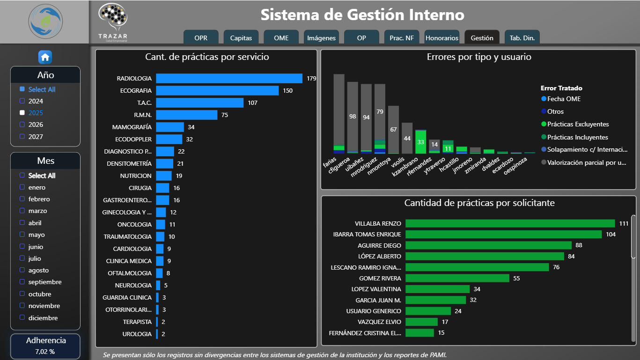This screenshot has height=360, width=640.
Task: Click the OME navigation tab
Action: click(281, 38)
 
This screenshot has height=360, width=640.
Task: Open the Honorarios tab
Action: click(442, 38)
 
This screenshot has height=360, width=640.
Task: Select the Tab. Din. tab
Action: click(522, 38)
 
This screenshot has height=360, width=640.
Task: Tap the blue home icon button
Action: click(45, 57)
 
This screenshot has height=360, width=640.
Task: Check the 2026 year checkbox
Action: click(22, 125)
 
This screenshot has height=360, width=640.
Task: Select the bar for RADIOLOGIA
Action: click(229, 78)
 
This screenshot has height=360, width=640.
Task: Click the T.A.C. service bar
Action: click(199, 103)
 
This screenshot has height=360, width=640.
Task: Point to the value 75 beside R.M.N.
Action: click(224, 115)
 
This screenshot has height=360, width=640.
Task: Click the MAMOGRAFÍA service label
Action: click(132, 127)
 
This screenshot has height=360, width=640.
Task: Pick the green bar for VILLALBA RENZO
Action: click(510, 223)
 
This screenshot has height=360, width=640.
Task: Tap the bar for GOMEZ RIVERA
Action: click(457, 278)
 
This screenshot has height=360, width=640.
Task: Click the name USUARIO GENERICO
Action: click(373, 311)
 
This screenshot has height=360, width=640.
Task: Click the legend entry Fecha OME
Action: click(564, 99)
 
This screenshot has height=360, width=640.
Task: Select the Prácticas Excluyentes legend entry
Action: click(578, 124)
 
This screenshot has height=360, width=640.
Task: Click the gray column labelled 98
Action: click(353, 116)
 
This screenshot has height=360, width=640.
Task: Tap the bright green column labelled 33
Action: click(420, 142)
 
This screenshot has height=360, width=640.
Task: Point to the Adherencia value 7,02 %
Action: click(45, 351)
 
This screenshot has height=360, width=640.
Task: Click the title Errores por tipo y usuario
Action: click(478, 57)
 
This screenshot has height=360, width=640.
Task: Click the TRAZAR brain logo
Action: click(112, 18)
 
